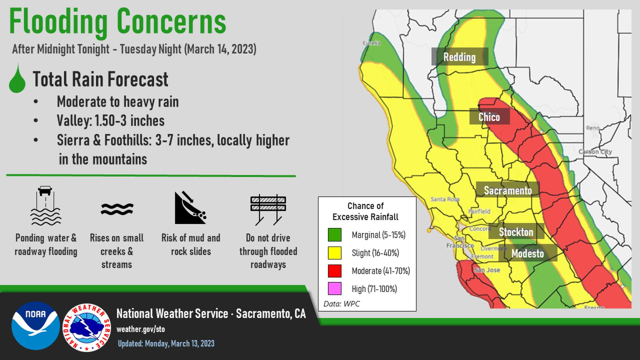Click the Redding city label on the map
coord(459,57)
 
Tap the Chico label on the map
coord(489,117)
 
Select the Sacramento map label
coord(508,190)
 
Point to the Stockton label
coord(515,231)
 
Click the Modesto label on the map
coord(527,253)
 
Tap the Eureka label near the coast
coord(371,43)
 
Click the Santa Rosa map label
coord(445,199)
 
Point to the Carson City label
coord(595,152)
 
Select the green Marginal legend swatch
coord(335,235)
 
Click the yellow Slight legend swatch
coord(335,253)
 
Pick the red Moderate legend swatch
coord(335,271)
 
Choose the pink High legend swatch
coord(335,289)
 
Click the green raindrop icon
coord(17,79)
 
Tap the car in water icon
coord(45,206)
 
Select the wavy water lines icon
coord(117,209)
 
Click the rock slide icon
coord(190,208)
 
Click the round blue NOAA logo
coord(35,326)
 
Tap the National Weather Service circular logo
coord(86,327)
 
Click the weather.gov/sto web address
coord(140,329)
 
